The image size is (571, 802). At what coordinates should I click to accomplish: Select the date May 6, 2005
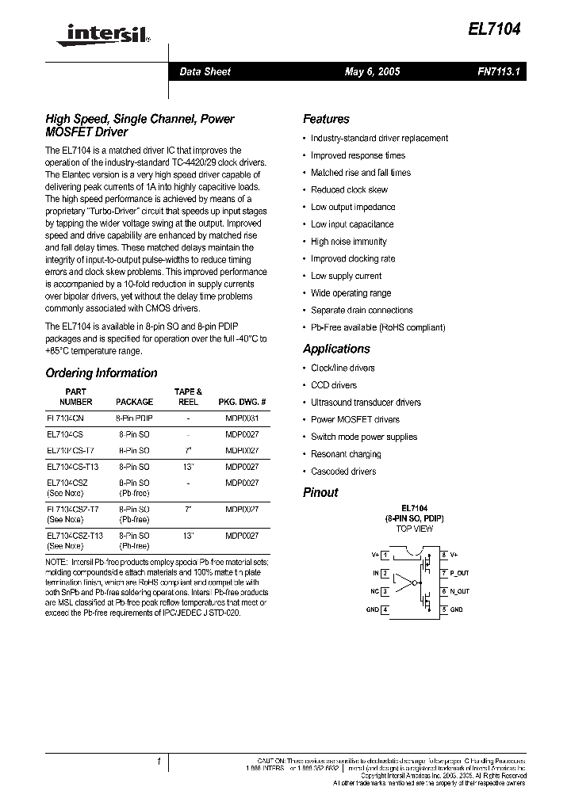click(x=372, y=71)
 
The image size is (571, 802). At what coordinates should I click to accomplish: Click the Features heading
click(x=326, y=119)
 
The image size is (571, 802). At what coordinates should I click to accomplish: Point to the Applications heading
click(x=336, y=349)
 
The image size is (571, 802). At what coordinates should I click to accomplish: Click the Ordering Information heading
click(x=101, y=373)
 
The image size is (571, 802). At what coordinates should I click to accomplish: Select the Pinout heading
click(x=320, y=492)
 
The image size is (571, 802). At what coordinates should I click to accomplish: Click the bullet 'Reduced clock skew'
click(x=349, y=190)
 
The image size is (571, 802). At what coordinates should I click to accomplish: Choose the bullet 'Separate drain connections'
click(x=362, y=311)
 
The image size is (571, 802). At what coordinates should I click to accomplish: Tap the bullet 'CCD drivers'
click(x=333, y=385)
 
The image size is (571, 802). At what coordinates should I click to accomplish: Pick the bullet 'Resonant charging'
click(x=346, y=454)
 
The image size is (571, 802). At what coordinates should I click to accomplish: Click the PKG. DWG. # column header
click(x=242, y=402)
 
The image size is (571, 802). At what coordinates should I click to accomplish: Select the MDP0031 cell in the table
click(x=242, y=418)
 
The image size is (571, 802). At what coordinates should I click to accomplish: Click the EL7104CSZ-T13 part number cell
click(x=75, y=536)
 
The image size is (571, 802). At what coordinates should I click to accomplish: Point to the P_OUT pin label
click(x=459, y=573)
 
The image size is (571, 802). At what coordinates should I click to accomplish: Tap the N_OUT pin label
click(x=459, y=591)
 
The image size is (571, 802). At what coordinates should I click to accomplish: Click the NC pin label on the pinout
click(x=374, y=591)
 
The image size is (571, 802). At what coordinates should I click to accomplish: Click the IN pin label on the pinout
click(x=376, y=573)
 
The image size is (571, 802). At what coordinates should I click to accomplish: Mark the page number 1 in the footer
click(x=159, y=762)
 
